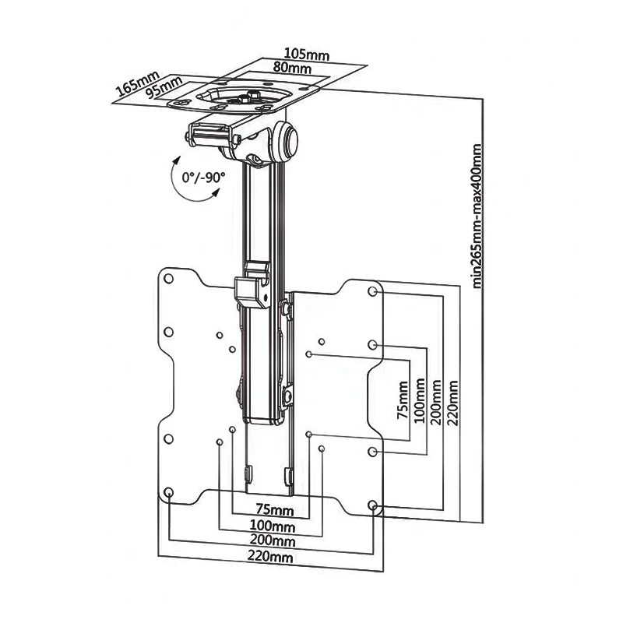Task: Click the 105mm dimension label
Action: (307, 54)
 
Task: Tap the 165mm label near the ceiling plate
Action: (138, 83)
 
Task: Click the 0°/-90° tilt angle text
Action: (203, 178)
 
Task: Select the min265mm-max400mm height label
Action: (477, 216)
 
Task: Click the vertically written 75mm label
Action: (403, 400)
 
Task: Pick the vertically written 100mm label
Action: (419, 400)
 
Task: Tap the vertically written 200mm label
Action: (436, 402)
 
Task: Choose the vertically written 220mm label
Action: (452, 403)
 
